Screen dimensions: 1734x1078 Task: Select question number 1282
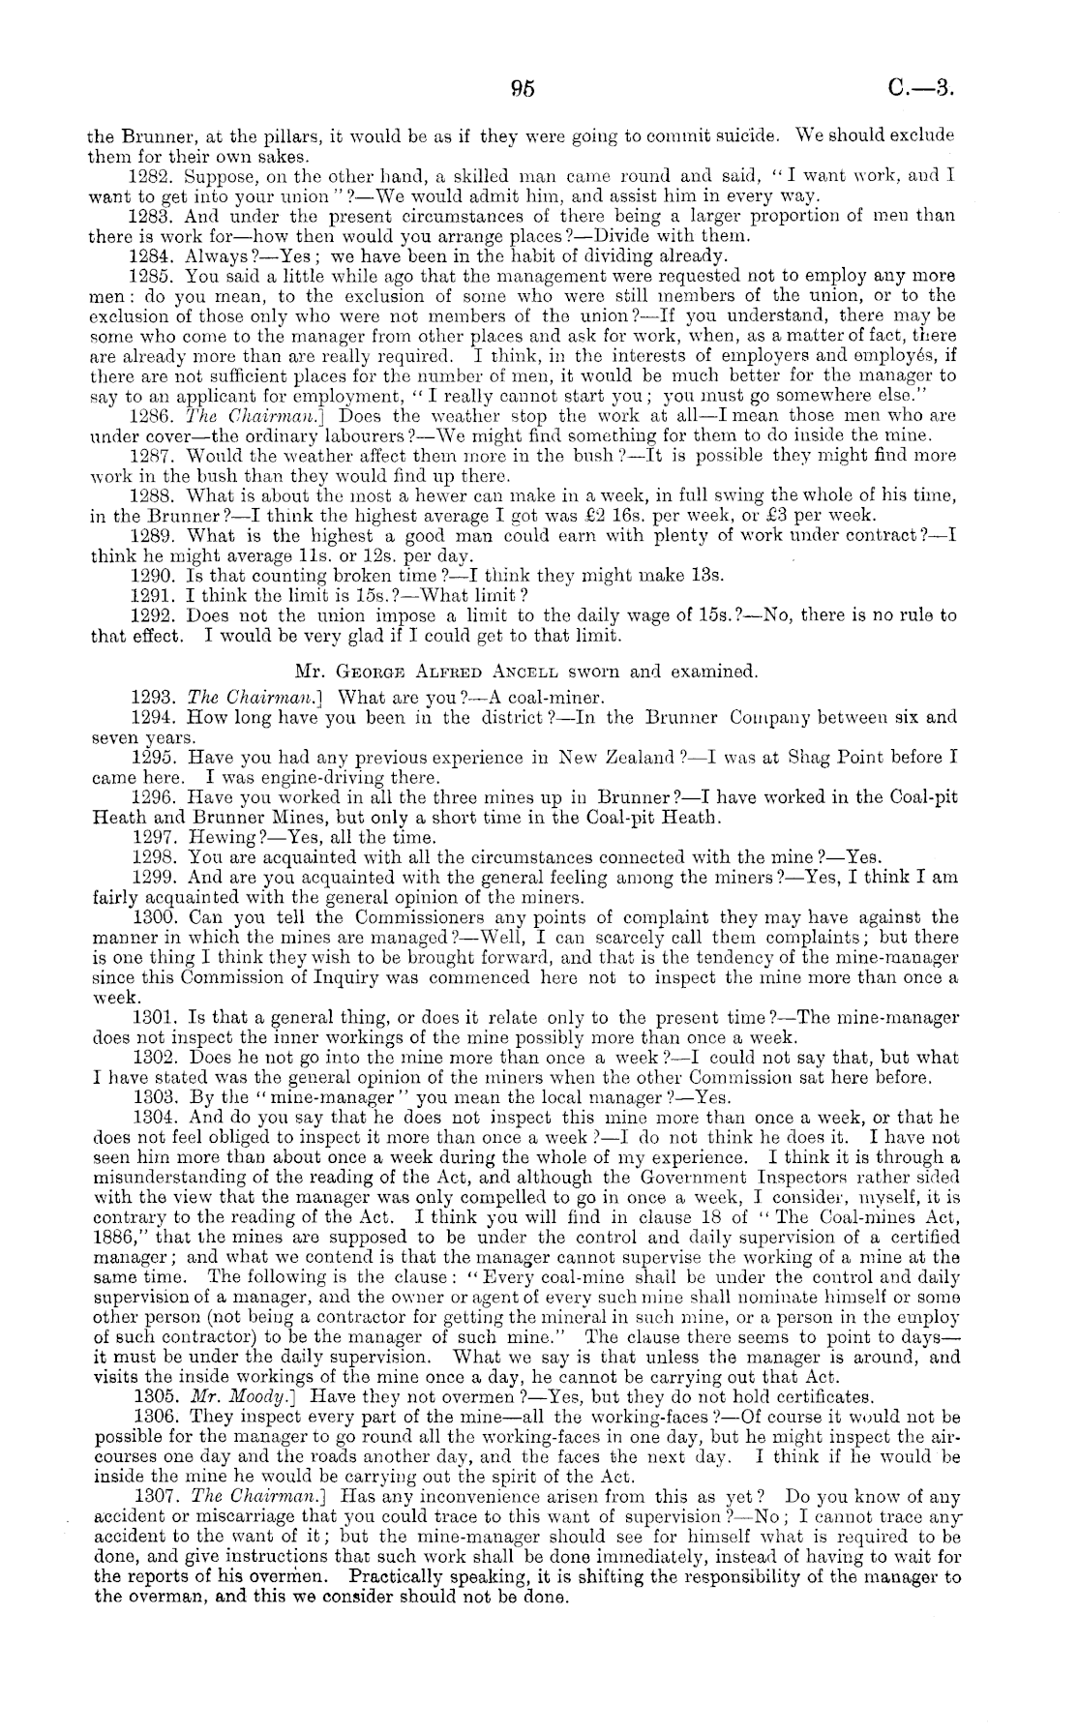[151, 177]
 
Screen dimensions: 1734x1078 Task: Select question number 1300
[151, 916]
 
